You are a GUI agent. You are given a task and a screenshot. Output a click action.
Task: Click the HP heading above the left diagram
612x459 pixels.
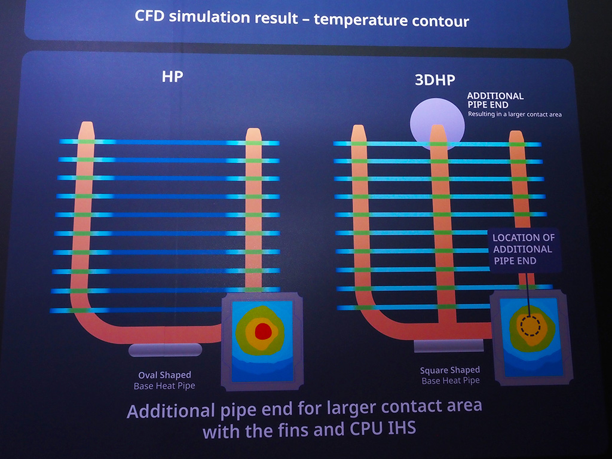coord(172,76)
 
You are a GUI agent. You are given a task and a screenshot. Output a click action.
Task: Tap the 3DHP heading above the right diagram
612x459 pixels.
coord(435,80)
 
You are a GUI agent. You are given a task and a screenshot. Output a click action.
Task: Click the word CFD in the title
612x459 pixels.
coord(149,16)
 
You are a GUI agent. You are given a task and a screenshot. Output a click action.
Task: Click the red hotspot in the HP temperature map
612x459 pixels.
coord(263,331)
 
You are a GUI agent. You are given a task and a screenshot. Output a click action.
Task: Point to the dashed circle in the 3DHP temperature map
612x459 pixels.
coord(531,326)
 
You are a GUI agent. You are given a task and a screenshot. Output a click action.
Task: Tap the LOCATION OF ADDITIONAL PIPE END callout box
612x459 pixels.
coord(525,250)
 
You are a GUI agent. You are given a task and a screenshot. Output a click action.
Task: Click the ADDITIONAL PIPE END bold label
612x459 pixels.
coord(495,100)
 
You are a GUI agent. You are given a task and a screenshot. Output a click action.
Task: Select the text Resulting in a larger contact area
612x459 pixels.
coord(515,114)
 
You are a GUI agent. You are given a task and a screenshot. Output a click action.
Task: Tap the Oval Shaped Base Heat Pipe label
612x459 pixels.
coord(164,381)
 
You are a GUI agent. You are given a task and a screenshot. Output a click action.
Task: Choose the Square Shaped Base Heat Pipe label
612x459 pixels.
coord(451,375)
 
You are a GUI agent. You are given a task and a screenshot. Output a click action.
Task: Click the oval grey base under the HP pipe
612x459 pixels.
coord(166,350)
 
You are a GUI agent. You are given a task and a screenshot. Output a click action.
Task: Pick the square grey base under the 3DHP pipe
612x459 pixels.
coord(448,346)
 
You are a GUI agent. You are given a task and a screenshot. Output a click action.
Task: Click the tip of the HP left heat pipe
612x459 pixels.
coord(87,123)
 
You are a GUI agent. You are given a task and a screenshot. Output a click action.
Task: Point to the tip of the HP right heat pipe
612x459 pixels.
coord(253,129)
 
